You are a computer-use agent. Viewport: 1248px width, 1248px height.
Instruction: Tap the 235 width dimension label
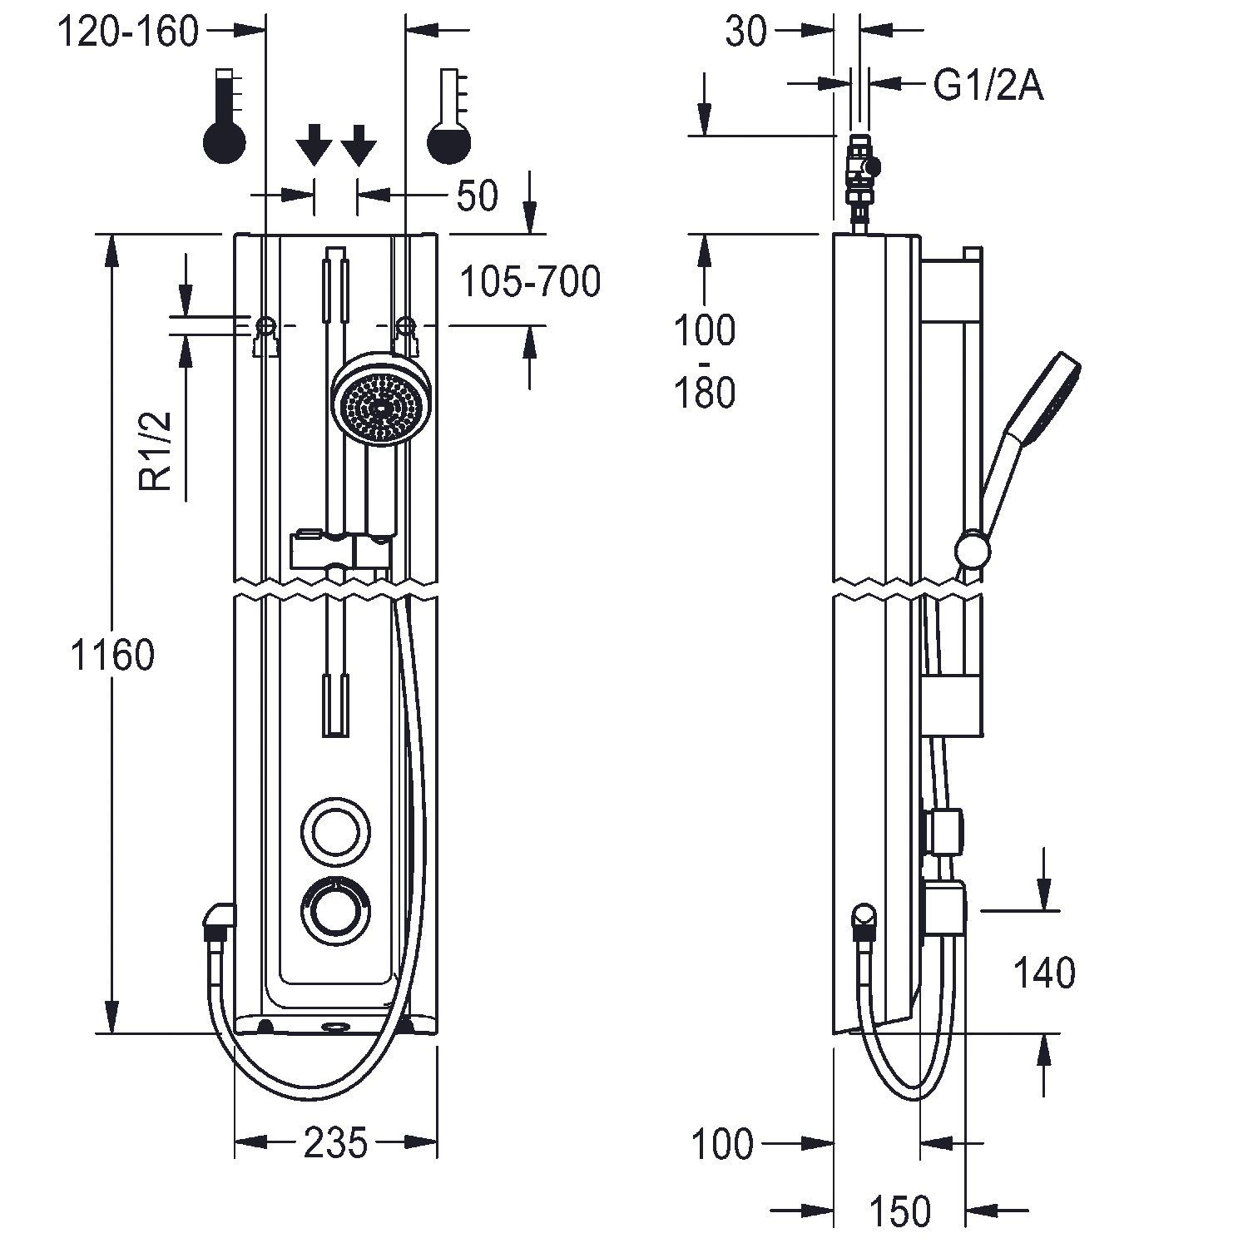[x=335, y=1143]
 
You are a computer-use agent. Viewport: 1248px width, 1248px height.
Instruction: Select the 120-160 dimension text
[x=129, y=32]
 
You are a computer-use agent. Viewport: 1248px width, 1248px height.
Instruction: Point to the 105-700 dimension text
[x=530, y=282]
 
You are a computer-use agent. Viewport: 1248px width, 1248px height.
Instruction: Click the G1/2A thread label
[x=988, y=85]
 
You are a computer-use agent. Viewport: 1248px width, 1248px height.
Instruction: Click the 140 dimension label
[x=1044, y=972]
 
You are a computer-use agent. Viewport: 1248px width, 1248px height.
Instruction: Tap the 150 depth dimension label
[x=901, y=1211]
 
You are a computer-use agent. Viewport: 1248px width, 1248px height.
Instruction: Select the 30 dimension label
[x=745, y=32]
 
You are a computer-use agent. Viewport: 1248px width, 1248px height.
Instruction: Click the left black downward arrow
[x=314, y=145]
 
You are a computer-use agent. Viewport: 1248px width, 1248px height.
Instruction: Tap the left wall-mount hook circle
[x=267, y=324]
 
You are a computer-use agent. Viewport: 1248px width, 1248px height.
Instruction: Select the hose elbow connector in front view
[x=219, y=921]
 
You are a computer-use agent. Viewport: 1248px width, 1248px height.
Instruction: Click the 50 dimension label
[x=477, y=196]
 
